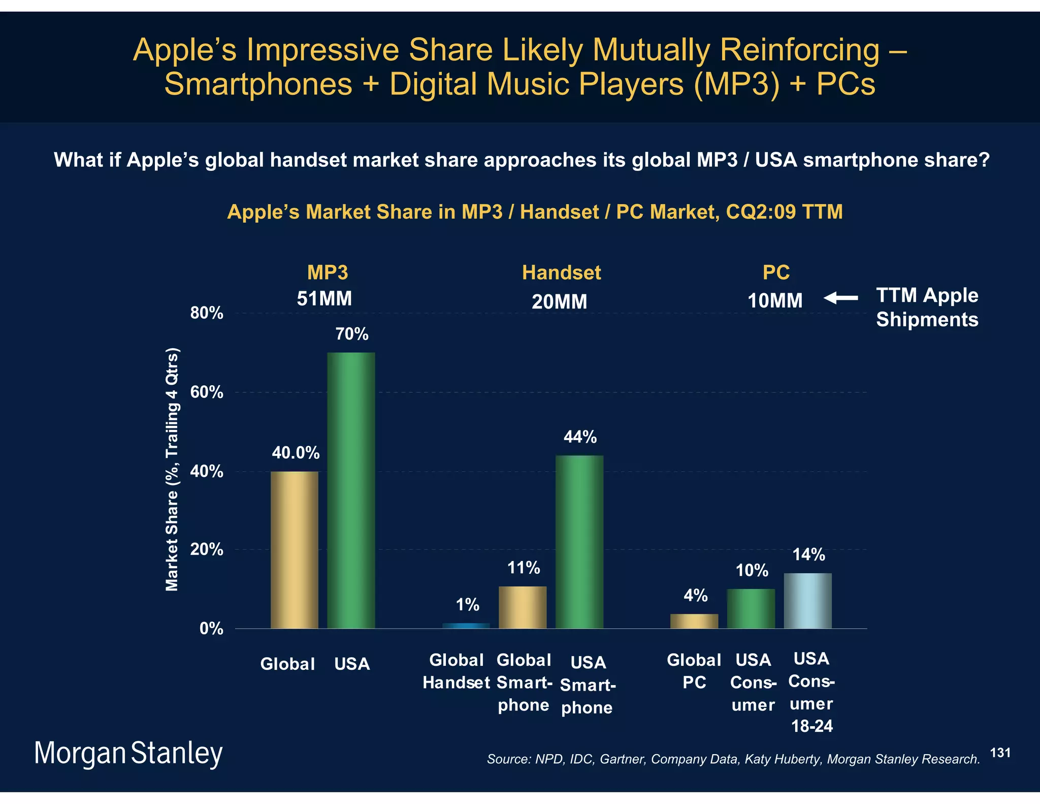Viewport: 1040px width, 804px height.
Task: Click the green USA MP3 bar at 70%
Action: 351,490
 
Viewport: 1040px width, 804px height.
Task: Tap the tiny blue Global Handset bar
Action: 466,626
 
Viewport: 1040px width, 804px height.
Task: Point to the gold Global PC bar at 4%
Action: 694,621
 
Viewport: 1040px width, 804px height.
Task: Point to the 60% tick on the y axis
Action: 207,392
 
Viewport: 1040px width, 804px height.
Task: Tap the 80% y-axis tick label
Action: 207,313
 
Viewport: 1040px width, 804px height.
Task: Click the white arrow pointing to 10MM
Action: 840,298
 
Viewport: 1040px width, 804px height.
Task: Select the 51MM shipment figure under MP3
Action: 324,298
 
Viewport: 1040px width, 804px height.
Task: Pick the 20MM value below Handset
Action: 559,302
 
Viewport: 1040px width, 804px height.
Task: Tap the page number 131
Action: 1000,753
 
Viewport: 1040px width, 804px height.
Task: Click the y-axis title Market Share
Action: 173,469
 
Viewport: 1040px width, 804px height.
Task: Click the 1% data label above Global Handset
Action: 467,605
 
